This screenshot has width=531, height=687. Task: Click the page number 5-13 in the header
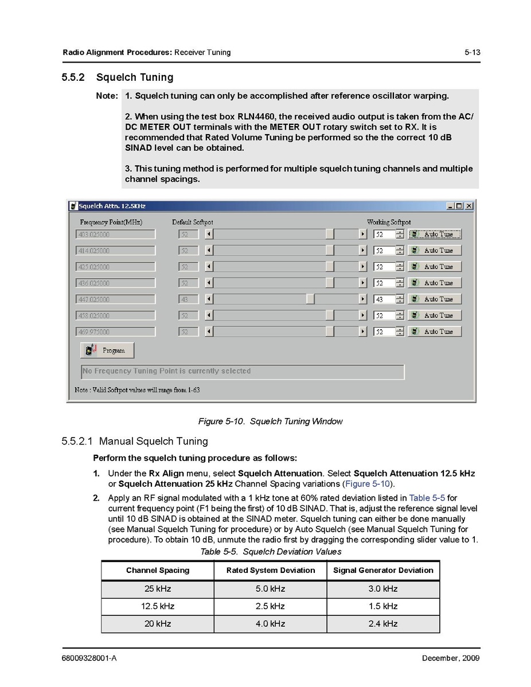tap(472, 52)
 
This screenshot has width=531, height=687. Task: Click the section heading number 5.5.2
tap(73, 77)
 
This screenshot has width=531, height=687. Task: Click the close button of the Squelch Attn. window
tap(469, 206)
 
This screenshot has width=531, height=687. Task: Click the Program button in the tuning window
tap(107, 350)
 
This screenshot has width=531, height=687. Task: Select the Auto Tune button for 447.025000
tap(435, 299)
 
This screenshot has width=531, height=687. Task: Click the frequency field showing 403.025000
tap(115, 235)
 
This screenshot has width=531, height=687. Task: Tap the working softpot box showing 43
tap(384, 299)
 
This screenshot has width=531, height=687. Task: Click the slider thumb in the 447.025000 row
tap(310, 299)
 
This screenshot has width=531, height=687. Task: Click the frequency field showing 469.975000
tap(115, 332)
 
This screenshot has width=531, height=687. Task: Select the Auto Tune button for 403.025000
tap(435, 235)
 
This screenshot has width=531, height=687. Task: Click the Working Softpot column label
tap(388, 222)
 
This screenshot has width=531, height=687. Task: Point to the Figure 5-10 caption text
tap(270, 421)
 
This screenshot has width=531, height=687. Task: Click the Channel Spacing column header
tap(158, 571)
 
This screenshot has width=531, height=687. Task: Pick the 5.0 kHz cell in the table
tap(270, 589)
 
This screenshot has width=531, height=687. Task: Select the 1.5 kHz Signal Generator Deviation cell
tap(383, 606)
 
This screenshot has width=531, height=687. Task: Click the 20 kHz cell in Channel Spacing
tap(158, 624)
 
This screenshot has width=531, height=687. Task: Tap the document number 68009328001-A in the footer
tap(89, 658)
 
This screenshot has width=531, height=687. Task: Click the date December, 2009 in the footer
tap(451, 658)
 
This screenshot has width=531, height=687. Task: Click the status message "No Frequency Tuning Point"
tap(167, 371)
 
